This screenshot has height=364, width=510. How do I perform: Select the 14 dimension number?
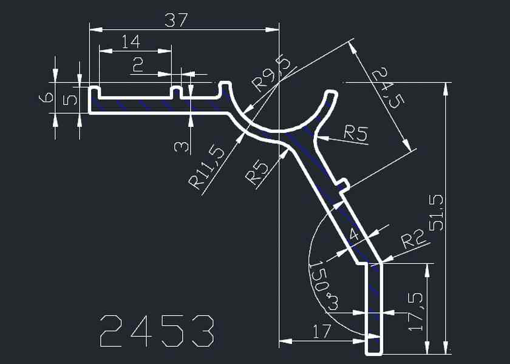131,42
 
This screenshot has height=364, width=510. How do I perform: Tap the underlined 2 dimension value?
138,64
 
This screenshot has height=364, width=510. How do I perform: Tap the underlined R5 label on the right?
356,133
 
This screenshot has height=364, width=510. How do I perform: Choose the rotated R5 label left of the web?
257,171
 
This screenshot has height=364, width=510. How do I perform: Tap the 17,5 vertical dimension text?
415,311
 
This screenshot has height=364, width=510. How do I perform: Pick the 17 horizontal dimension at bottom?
322,331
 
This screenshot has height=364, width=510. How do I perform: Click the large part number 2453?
157,331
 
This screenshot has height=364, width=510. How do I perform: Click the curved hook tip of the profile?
331,95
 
